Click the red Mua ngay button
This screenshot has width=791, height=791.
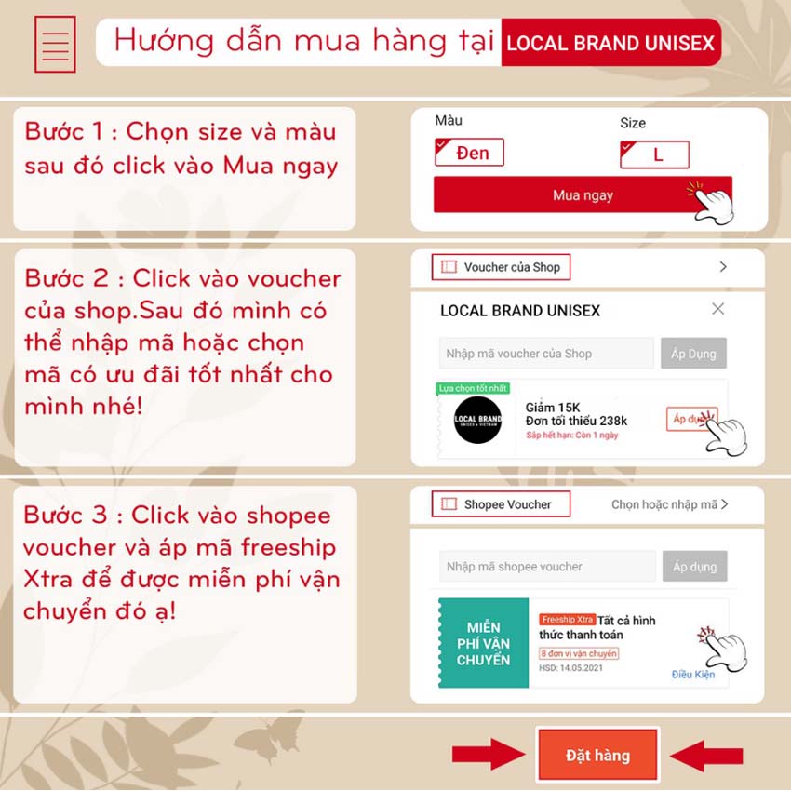tap(582, 195)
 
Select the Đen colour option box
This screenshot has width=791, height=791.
tap(470, 153)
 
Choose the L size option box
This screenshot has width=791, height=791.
tap(655, 154)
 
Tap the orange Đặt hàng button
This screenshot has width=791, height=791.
tap(597, 755)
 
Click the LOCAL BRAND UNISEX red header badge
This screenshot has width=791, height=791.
tap(610, 44)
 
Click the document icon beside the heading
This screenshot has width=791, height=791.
tap(55, 44)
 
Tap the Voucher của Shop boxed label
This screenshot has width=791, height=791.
tap(501, 267)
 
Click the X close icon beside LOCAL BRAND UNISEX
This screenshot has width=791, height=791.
tap(717, 309)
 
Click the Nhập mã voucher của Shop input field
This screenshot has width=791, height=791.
tap(546, 354)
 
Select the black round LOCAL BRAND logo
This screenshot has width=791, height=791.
tap(478, 420)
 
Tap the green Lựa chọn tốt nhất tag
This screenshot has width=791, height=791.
tap(472, 388)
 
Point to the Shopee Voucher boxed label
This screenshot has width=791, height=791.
tap(501, 504)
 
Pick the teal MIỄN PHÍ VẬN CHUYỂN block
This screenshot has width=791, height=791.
tap(483, 643)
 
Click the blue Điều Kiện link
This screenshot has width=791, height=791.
tap(692, 675)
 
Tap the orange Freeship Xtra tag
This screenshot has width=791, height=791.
tap(567, 620)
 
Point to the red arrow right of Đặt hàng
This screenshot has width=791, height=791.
tap(705, 755)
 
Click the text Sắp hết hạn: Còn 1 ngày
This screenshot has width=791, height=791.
tap(572, 436)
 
